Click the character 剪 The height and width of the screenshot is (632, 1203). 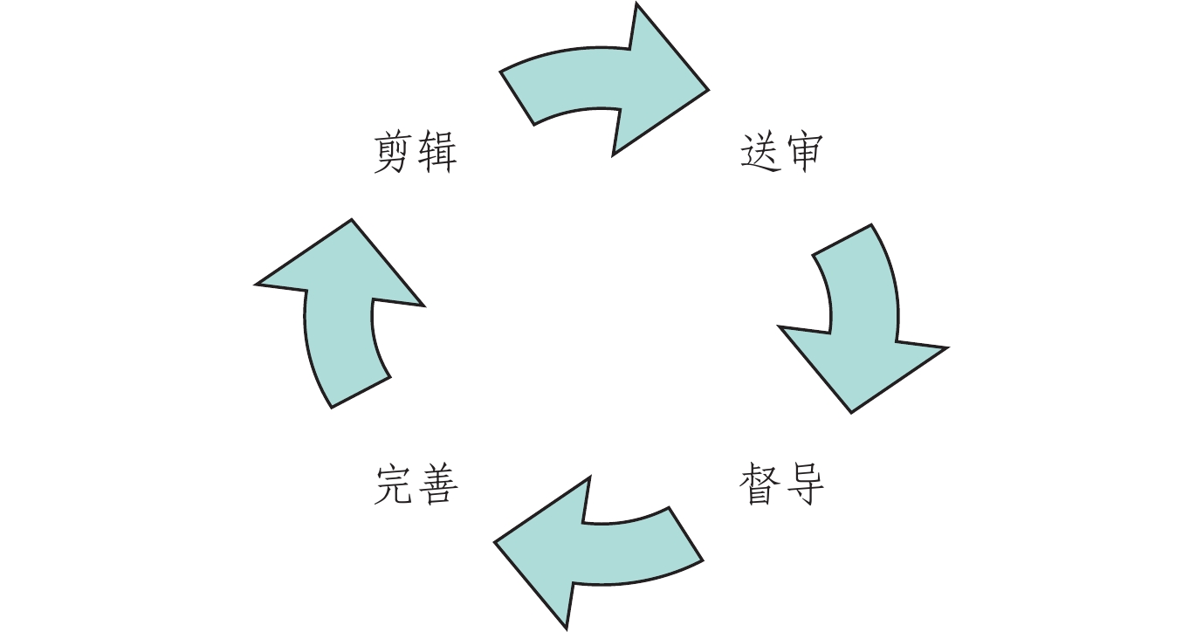pos(394,154)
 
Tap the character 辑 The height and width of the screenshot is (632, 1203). pos(437,154)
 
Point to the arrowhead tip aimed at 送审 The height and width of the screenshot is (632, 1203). pos(707,88)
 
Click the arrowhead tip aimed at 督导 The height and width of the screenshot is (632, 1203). pos(851,412)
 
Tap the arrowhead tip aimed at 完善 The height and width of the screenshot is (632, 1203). pos(495,542)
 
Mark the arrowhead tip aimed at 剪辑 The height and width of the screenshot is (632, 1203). pos(352,219)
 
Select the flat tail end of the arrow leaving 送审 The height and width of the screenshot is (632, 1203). pos(842,240)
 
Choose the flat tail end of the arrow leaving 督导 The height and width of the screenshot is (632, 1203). pos(686,533)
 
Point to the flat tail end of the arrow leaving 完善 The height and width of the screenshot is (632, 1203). pos(361,392)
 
